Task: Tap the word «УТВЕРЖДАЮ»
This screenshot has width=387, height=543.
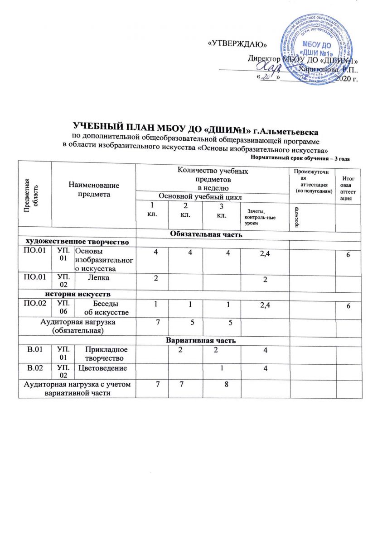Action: point(237,44)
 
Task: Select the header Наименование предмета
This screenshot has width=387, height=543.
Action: point(94,189)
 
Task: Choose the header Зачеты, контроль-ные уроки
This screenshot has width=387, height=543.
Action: point(257,218)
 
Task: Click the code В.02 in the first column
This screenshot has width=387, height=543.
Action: point(35,368)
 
